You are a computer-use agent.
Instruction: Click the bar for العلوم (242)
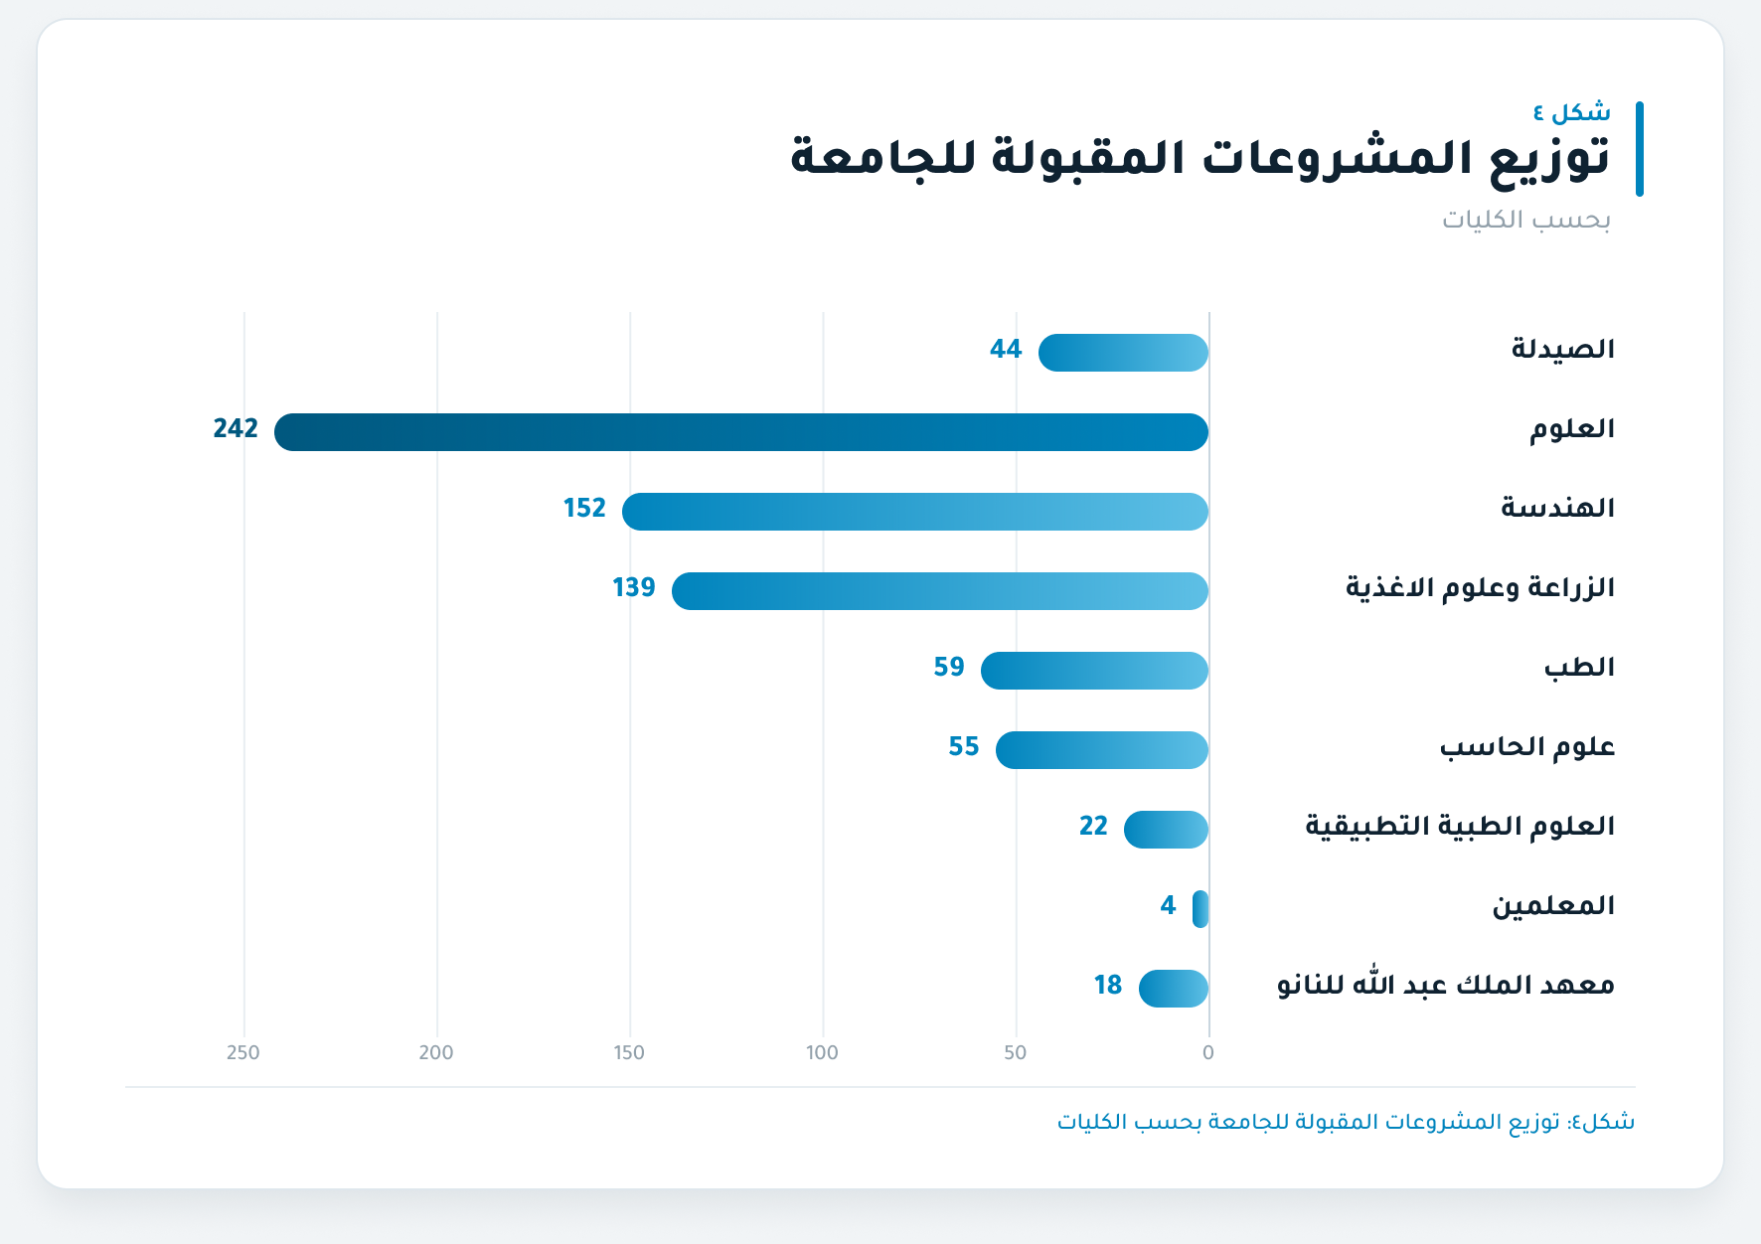click(741, 432)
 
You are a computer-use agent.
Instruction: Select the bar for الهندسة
click(915, 512)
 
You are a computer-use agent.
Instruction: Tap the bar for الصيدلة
click(1123, 353)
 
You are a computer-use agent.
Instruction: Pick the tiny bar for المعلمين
click(1201, 909)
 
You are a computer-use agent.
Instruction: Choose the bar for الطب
click(1094, 671)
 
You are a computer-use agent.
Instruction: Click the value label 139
click(634, 587)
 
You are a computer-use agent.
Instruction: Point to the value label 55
click(964, 746)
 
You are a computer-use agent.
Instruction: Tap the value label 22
click(1093, 826)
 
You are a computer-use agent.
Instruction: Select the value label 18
click(1108, 985)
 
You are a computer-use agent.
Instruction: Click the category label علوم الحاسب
click(1527, 746)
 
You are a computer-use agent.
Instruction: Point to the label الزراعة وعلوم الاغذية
click(1480, 587)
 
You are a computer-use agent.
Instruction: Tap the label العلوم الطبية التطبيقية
click(1460, 826)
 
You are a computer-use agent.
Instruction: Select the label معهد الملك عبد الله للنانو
click(1446, 984)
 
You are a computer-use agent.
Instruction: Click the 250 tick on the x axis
click(243, 1052)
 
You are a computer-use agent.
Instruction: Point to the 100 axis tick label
click(822, 1052)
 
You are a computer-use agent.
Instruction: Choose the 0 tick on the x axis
click(1208, 1052)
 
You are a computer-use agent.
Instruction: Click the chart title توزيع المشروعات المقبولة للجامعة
click(1201, 158)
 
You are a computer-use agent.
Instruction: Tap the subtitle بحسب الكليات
click(1526, 219)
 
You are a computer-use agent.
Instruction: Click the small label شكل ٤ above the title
click(1572, 111)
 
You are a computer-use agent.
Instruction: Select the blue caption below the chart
click(1346, 1122)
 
